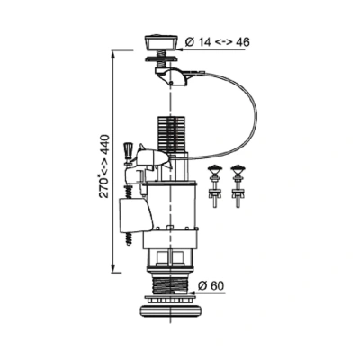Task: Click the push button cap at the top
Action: click(x=161, y=43)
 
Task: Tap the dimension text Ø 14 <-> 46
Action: click(x=218, y=42)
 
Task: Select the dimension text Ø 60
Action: click(x=211, y=286)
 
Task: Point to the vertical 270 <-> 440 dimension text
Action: click(x=105, y=166)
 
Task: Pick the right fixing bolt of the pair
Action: click(x=238, y=186)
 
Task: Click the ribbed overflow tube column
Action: click(x=170, y=133)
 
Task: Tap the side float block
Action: click(x=136, y=216)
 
